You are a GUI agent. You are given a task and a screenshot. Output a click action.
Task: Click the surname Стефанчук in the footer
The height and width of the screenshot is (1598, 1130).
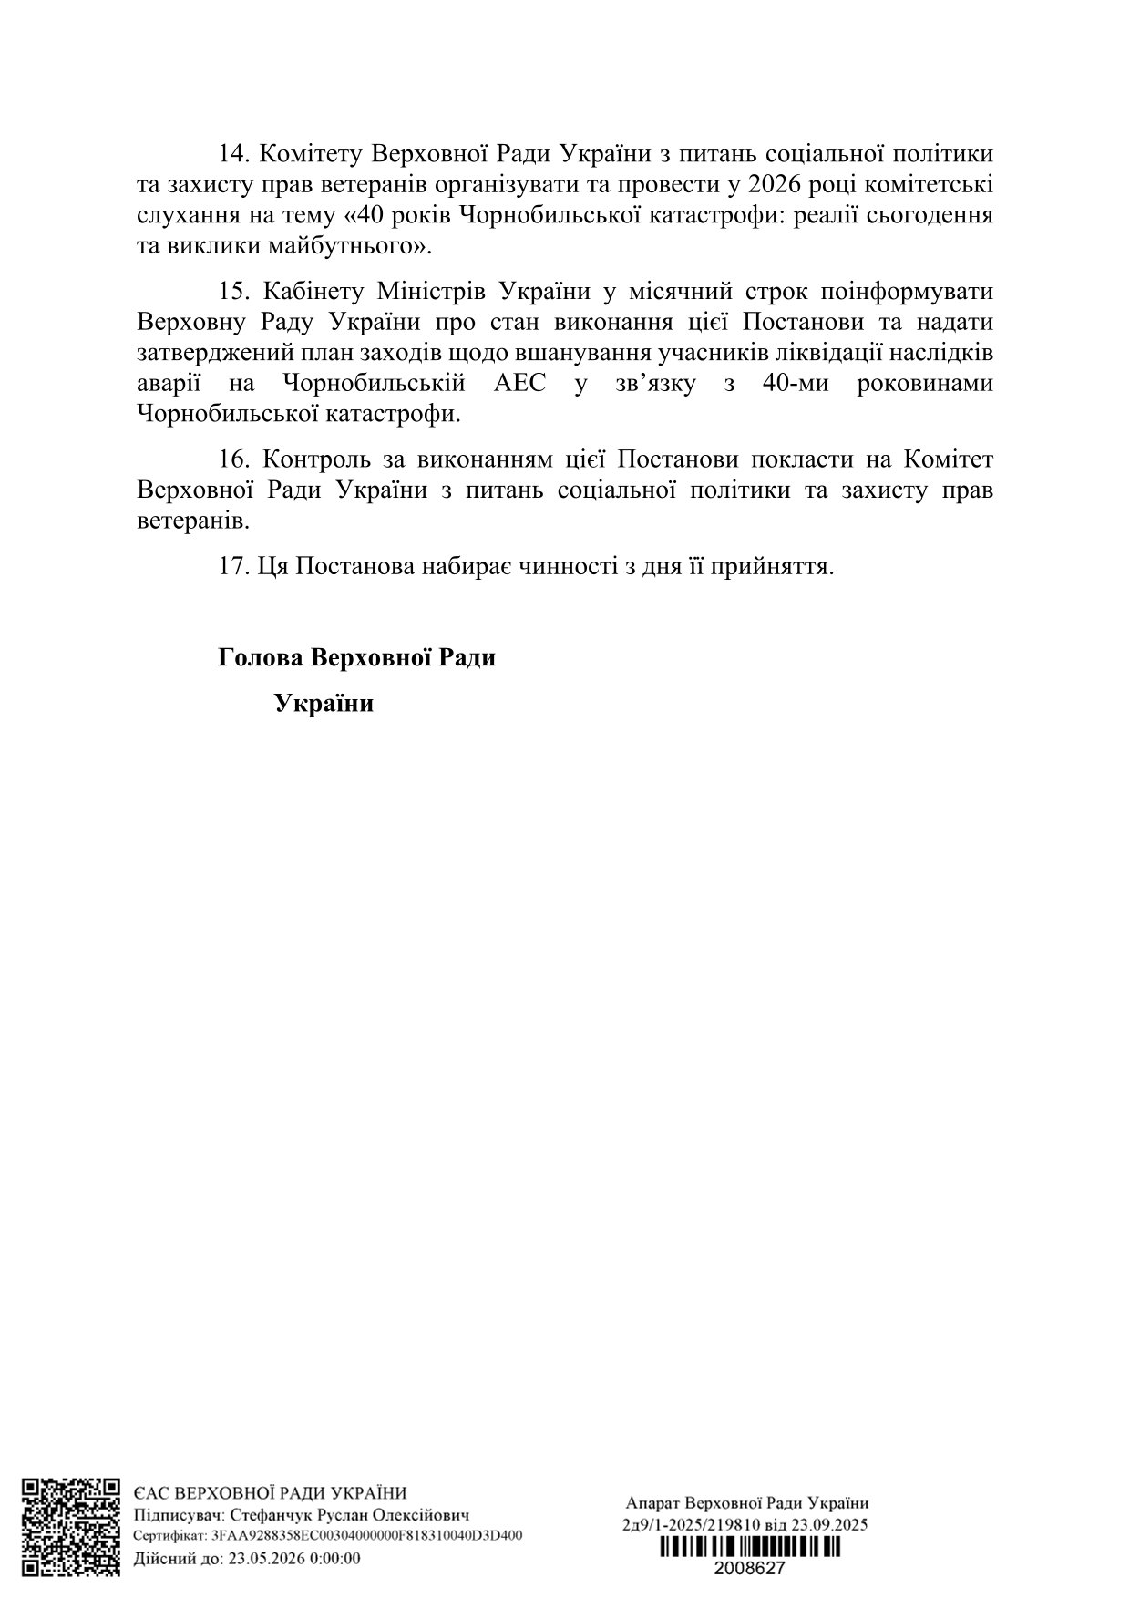(x=271, y=1515)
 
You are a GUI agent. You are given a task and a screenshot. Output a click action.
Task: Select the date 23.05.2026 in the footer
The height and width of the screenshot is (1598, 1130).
(x=256, y=1558)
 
